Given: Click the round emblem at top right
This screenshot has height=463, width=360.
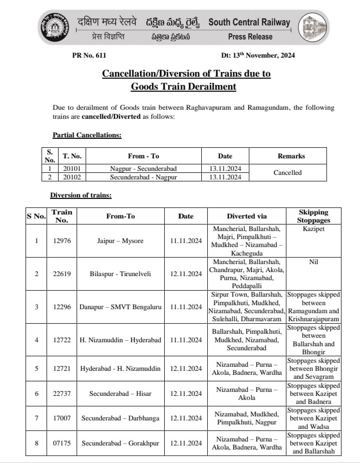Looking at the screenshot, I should click(x=314, y=29).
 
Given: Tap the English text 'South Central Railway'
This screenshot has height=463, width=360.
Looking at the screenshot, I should click(x=249, y=22).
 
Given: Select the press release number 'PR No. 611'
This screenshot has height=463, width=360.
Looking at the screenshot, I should click(x=89, y=55).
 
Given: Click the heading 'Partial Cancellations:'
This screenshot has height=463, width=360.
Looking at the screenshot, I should click(x=87, y=135).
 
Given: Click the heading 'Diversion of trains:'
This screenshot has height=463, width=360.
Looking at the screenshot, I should click(x=81, y=195).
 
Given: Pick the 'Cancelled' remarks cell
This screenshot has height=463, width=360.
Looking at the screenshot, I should click(x=287, y=172).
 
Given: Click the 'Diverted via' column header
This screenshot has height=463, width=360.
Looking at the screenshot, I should click(x=247, y=216).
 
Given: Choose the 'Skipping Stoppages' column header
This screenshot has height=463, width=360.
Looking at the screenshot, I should click(x=313, y=216).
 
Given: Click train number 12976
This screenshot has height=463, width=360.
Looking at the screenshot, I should click(x=62, y=241).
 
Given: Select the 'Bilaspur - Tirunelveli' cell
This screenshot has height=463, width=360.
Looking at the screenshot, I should click(x=120, y=274).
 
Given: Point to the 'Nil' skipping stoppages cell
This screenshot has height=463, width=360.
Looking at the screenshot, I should click(x=313, y=262).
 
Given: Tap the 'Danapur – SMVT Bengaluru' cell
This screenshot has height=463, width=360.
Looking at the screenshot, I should click(x=120, y=306).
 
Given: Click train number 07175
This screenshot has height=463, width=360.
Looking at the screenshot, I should click(x=62, y=443).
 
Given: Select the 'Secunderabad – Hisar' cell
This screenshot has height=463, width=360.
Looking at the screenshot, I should click(x=120, y=393).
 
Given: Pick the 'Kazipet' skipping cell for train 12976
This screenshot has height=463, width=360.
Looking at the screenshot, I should click(x=313, y=228).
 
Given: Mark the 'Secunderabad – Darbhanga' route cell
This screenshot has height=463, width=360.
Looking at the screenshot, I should click(x=120, y=418).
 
